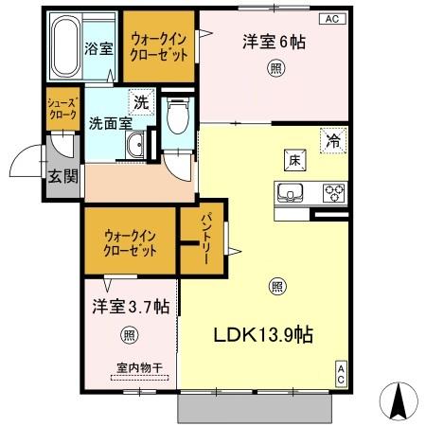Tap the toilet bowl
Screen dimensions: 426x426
(175, 118)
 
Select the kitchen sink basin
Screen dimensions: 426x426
(288, 192)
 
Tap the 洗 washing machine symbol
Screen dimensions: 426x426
(140, 101)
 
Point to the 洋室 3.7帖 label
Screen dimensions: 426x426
(131, 307)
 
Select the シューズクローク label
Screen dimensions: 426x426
(62, 108)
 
